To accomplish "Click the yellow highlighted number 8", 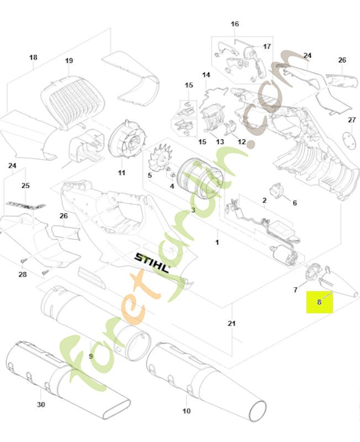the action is (x=319, y=302).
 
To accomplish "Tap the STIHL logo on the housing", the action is (x=152, y=263).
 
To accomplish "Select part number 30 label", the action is (x=41, y=404).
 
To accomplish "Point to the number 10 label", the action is (x=187, y=411).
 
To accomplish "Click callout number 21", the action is (x=231, y=323).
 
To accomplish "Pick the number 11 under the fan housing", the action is (x=121, y=172).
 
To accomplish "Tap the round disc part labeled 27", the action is (x=349, y=140).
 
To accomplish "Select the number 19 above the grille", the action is (x=69, y=60).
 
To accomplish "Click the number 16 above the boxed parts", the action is (x=235, y=24).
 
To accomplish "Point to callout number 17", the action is (x=267, y=46).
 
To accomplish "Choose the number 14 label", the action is (x=206, y=75).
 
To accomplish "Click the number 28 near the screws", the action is (x=23, y=274).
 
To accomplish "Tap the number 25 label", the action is (x=25, y=186).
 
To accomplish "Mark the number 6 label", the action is (x=295, y=203).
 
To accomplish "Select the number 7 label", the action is (x=295, y=290).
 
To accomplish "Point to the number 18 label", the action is (x=33, y=57).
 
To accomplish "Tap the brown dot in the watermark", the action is (x=251, y=144).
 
